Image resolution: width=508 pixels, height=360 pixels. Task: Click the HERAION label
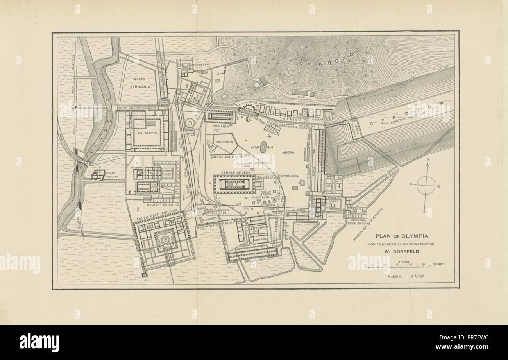pyautogui.click(x=221, y=127)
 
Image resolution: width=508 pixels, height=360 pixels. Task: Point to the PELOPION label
pyautogui.click(x=224, y=142)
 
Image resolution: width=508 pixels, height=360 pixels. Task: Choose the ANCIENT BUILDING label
pyautogui.click(x=163, y=204)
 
